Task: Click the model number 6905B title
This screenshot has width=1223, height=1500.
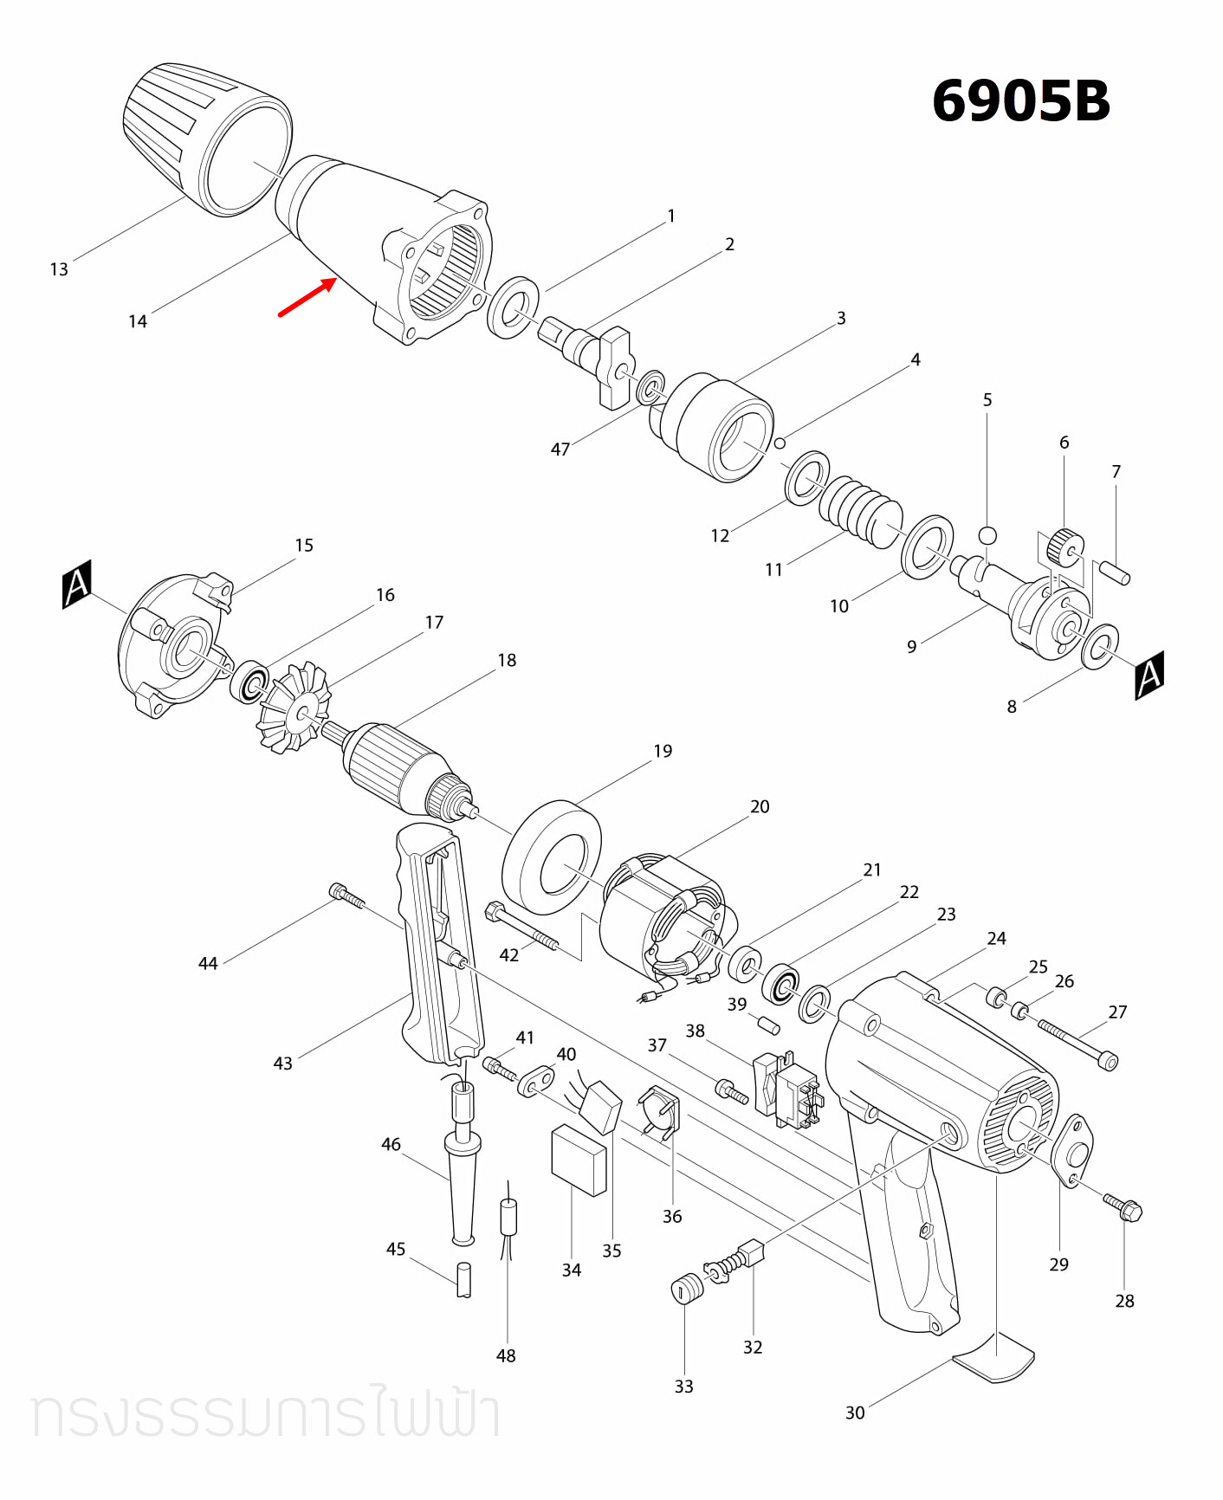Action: tap(1020, 101)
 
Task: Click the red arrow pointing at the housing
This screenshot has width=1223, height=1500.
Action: tap(307, 297)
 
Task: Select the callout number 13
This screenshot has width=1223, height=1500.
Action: tap(59, 269)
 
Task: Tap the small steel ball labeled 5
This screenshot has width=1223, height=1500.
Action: tap(987, 534)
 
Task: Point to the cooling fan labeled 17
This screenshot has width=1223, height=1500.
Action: tap(294, 707)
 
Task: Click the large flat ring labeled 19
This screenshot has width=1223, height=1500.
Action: tap(552, 857)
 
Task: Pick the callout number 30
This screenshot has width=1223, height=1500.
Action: tap(855, 1413)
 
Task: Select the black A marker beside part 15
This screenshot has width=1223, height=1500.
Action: tap(77, 585)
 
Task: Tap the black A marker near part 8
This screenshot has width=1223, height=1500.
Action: tap(1149, 675)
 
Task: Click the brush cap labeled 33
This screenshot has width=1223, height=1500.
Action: tap(687, 1289)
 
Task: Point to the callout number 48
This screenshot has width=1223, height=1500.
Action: tap(506, 1355)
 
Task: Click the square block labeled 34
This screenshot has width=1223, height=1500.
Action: tap(579, 1160)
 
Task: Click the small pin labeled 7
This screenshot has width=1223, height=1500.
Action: tap(1114, 572)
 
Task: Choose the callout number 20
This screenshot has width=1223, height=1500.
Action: tap(760, 806)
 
